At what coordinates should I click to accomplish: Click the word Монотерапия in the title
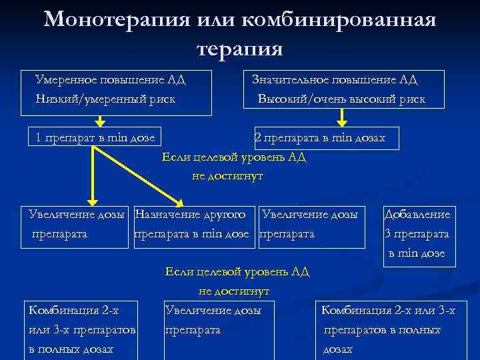(117, 19)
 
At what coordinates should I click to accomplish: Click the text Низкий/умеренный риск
(105, 99)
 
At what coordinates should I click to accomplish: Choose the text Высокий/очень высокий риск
(342, 99)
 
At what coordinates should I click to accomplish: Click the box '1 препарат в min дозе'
(95, 138)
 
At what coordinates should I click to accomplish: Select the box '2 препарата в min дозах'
(320, 138)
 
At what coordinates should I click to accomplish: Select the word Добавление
(417, 215)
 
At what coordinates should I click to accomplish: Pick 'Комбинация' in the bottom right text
(354, 310)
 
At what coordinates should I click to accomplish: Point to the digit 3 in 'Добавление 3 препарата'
(388, 234)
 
